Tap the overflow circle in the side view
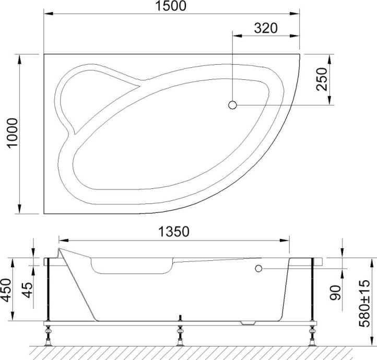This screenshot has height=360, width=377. point(258,268)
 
